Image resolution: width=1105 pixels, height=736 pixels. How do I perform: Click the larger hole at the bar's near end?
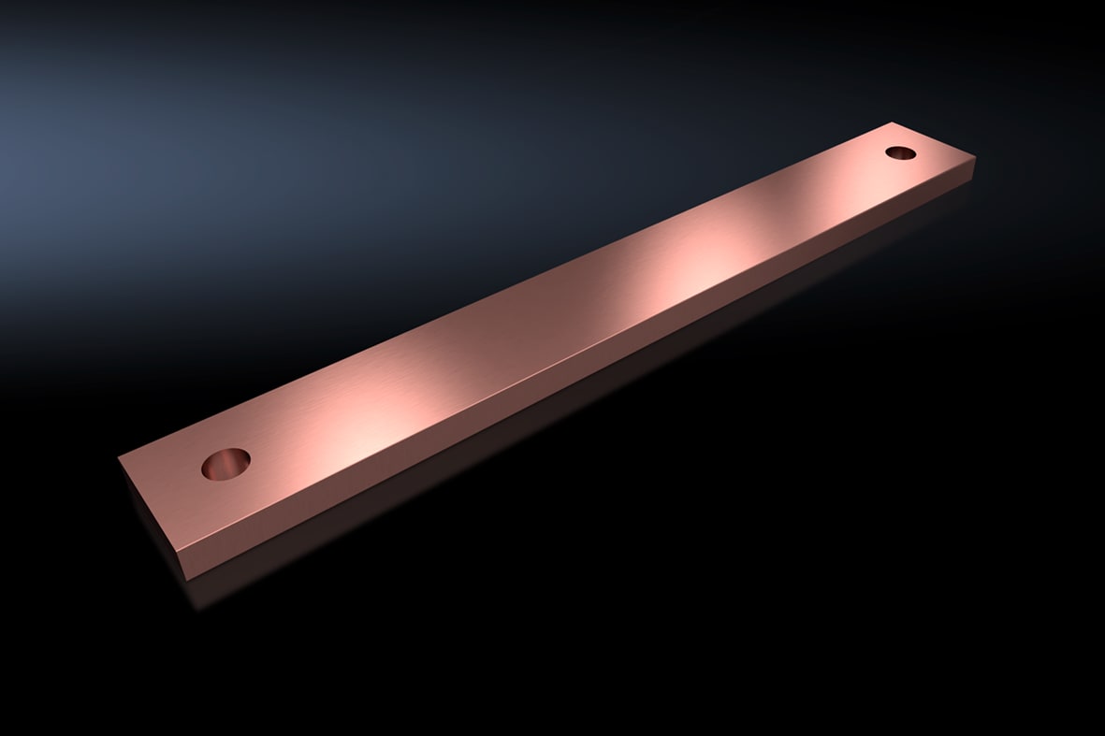pyautogui.click(x=225, y=464)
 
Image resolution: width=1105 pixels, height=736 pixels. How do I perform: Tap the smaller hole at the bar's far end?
pyautogui.click(x=900, y=152)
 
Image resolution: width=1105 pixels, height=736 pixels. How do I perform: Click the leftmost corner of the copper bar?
pyautogui.click(x=119, y=459)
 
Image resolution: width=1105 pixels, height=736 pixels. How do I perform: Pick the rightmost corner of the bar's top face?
pyautogui.click(x=976, y=159)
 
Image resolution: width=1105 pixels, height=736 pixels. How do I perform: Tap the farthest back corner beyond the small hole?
pyautogui.click(x=894, y=122)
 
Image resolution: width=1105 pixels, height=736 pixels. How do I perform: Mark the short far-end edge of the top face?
pyautogui.click(x=935, y=140)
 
